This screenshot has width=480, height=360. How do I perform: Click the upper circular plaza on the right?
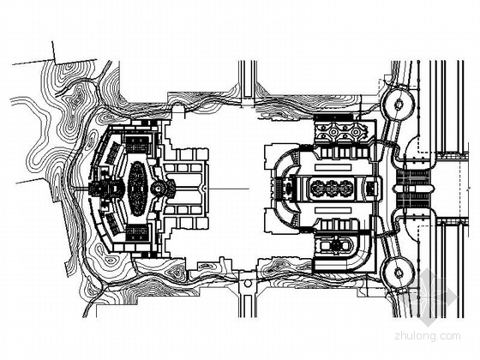[x=399, y=104]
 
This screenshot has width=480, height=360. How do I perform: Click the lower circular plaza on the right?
[x=399, y=272]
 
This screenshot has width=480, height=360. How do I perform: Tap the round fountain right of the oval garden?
[x=159, y=189]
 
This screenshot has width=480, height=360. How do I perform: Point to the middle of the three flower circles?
[x=333, y=188]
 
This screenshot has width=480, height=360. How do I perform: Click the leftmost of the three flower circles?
[x=318, y=188]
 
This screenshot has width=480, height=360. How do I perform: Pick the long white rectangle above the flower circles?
[x=333, y=167]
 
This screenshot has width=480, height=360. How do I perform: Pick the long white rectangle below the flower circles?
[x=333, y=211]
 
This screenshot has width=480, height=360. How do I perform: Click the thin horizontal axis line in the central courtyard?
[x=229, y=189]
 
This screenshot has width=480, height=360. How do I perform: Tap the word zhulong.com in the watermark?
[x=428, y=336]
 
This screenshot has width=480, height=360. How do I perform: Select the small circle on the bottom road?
[x=248, y=284]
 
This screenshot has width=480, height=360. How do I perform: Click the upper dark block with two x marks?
[x=137, y=145]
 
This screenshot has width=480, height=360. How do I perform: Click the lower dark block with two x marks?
[x=137, y=233]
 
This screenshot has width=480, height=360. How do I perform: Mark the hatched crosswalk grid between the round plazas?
[x=413, y=189]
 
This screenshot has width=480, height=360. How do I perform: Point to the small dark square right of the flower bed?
[x=370, y=188]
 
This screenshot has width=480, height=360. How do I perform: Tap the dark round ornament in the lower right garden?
[x=337, y=244]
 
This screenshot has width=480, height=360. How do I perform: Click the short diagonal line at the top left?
[x=54, y=52]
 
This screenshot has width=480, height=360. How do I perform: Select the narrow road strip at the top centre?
[x=248, y=79]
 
